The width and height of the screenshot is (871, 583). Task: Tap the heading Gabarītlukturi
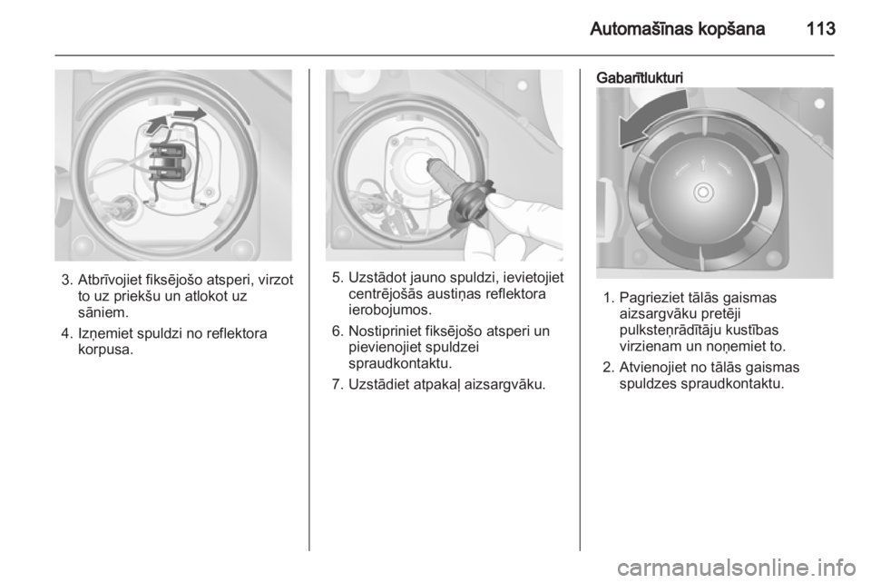(x=640, y=78)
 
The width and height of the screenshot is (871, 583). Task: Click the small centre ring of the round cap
(x=702, y=193)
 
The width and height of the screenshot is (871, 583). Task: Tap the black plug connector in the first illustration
(x=168, y=163)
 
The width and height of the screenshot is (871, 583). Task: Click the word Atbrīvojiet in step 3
(x=109, y=280)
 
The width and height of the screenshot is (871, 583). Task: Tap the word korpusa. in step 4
(x=105, y=351)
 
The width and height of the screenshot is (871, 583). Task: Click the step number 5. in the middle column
(x=338, y=277)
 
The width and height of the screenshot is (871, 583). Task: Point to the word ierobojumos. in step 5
(x=390, y=310)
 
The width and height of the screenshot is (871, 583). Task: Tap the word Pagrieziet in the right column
(x=647, y=299)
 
